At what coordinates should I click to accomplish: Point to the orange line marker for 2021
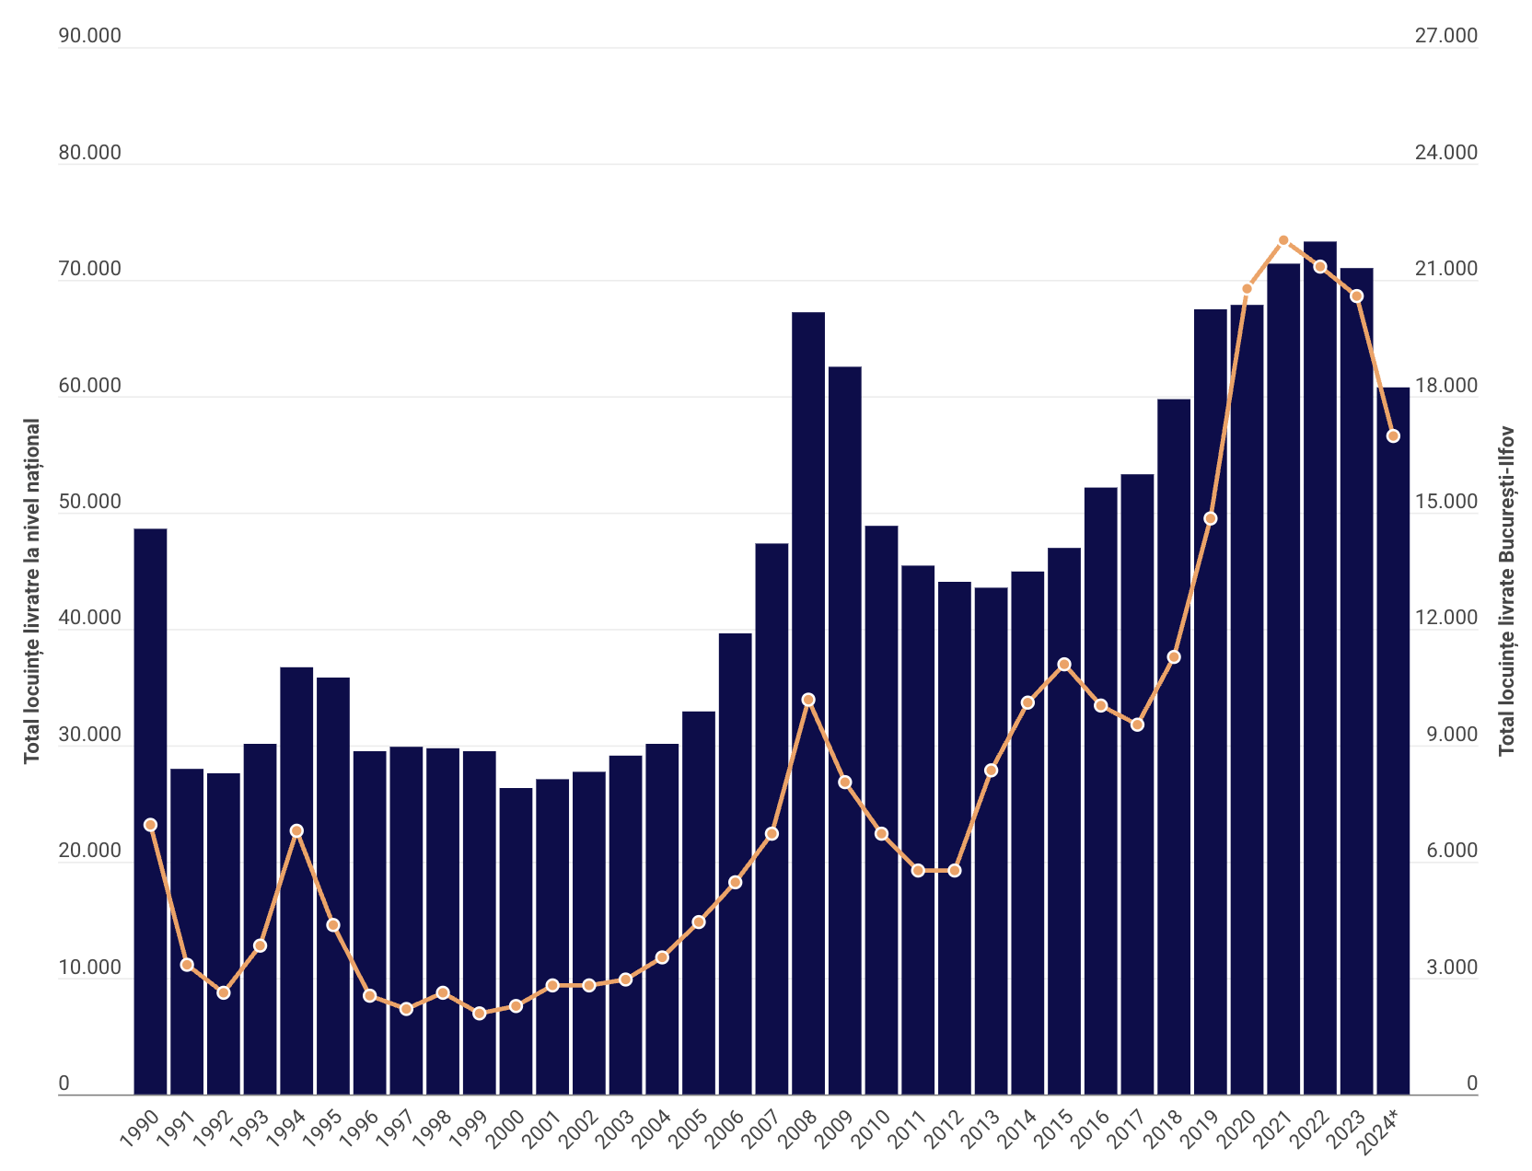click(x=1283, y=240)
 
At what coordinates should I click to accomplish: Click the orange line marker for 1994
click(x=296, y=830)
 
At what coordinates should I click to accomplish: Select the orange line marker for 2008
click(x=808, y=700)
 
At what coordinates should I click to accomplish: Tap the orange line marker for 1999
click(x=479, y=1014)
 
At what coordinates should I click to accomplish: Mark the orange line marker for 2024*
click(x=1393, y=435)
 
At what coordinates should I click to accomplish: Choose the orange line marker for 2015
click(x=1064, y=664)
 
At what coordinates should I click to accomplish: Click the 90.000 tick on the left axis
click(x=90, y=36)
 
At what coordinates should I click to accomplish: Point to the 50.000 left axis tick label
click(x=90, y=502)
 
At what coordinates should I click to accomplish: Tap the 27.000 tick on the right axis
click(x=1445, y=36)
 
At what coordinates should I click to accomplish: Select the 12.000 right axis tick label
click(x=1445, y=618)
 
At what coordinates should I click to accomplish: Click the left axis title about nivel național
click(x=32, y=590)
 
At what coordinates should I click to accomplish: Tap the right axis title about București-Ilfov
click(x=1506, y=590)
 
